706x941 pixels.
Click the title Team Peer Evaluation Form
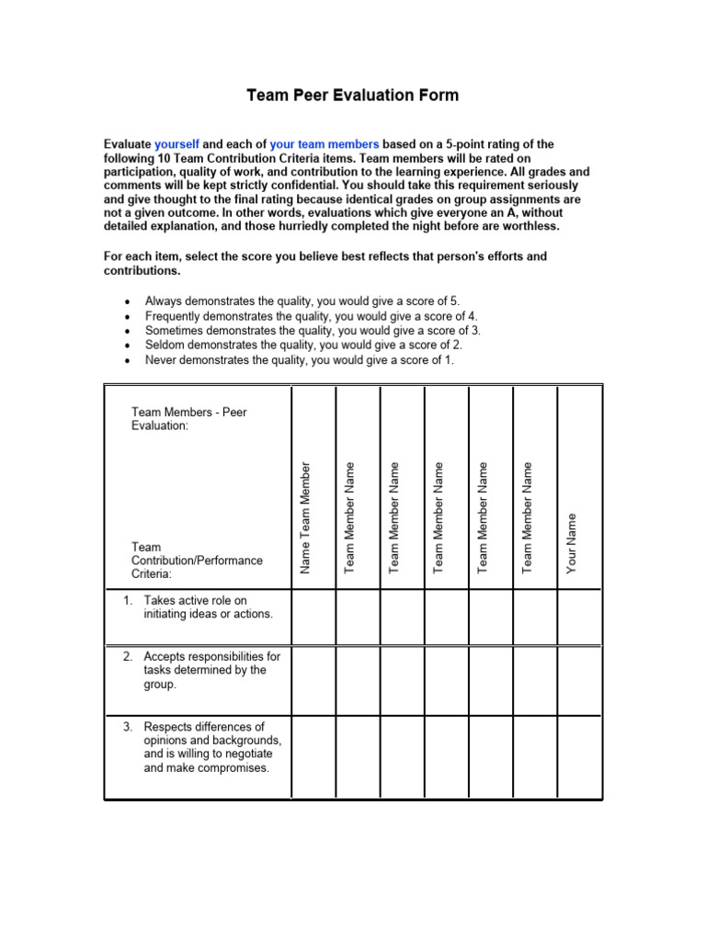pyautogui.click(x=353, y=96)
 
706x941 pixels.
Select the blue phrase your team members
pyautogui.click(x=324, y=144)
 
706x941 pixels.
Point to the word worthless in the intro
pyautogui.click(x=525, y=226)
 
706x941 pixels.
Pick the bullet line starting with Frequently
pyautogui.click(x=311, y=316)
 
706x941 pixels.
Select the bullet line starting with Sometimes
pyautogui.click(x=313, y=331)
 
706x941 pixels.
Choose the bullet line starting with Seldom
pyautogui.click(x=303, y=346)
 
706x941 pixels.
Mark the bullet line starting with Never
pyautogui.click(x=299, y=360)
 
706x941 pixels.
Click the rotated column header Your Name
pyautogui.click(x=572, y=543)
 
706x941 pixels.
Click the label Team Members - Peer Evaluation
pyautogui.click(x=188, y=419)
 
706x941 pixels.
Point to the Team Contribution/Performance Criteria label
pyautogui.click(x=197, y=561)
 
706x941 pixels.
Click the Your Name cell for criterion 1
pyautogui.click(x=580, y=618)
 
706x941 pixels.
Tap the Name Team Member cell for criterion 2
pyautogui.click(x=313, y=678)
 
